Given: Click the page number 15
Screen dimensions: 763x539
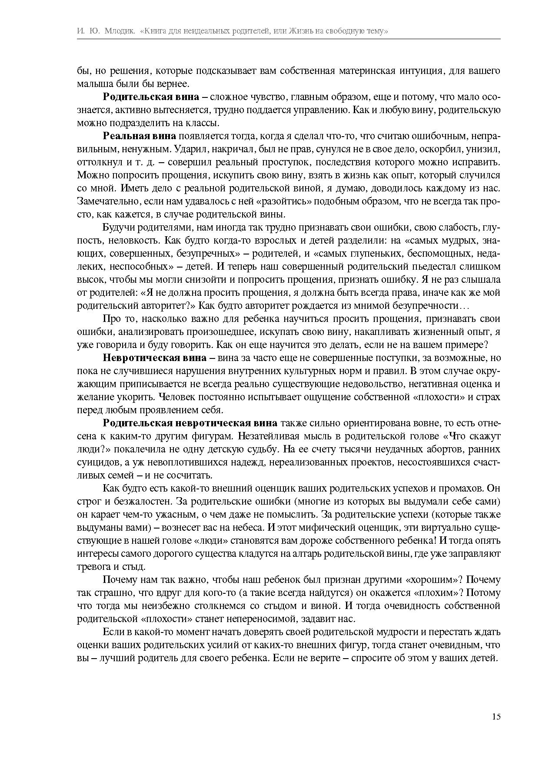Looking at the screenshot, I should (x=496, y=716).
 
